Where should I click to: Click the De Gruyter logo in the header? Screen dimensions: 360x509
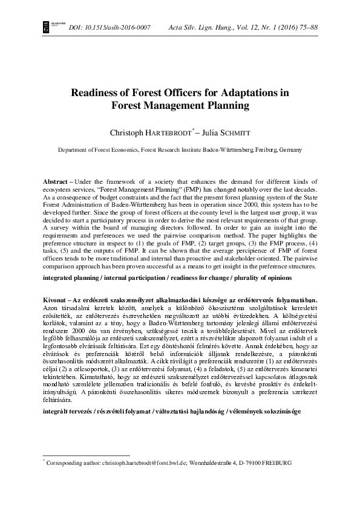pyautogui.click(x=45, y=27)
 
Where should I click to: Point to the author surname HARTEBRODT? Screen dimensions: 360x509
pyautogui.click(x=168, y=130)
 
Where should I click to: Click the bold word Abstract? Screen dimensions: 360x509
pyautogui.click(x=54, y=182)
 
